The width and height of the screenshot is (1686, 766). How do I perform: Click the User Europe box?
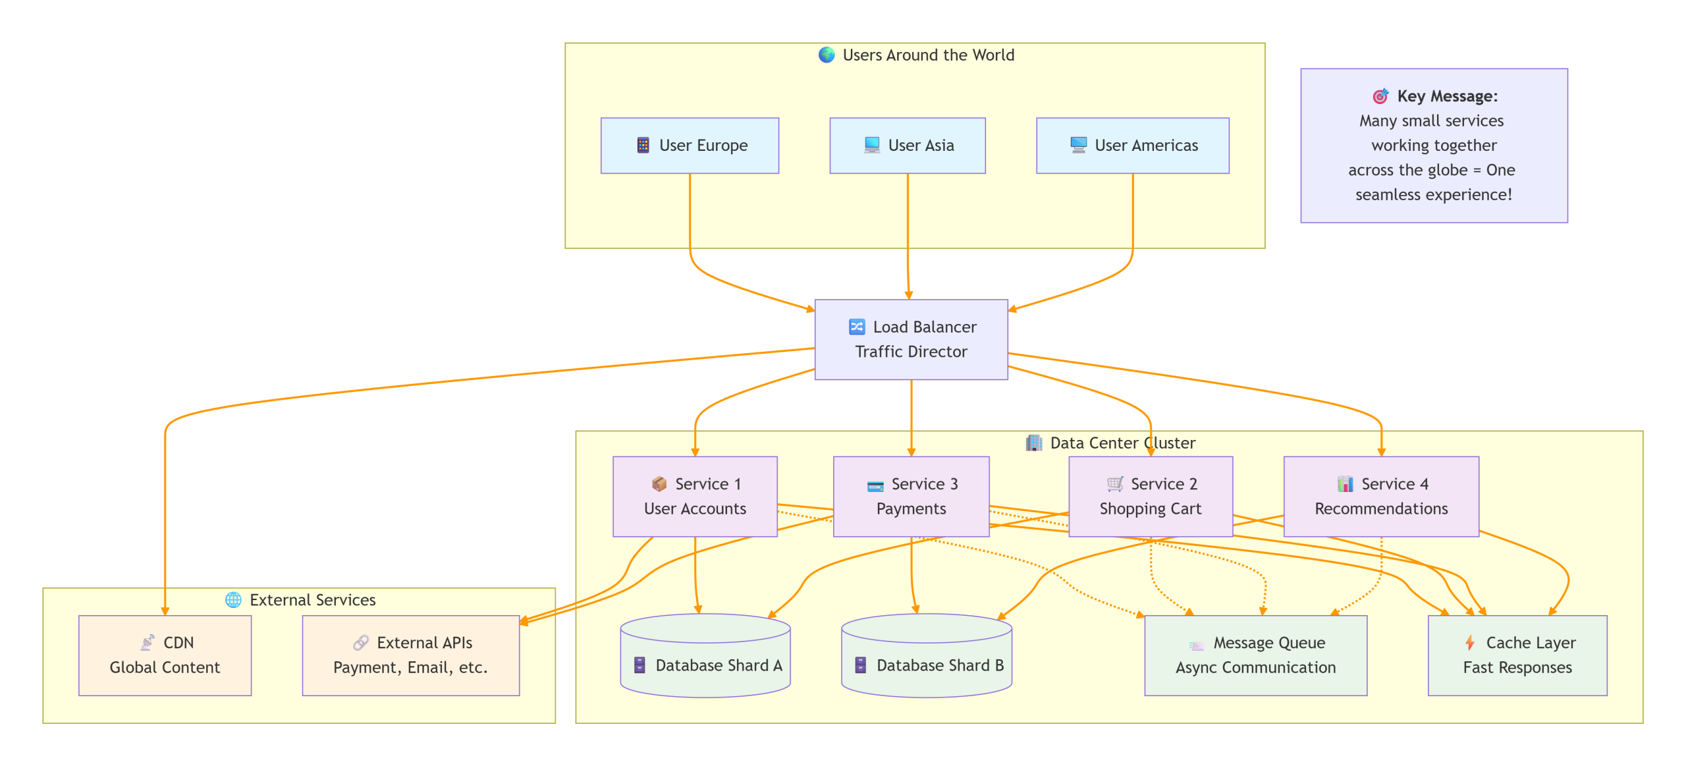(x=689, y=146)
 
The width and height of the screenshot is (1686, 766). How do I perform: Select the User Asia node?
(x=907, y=146)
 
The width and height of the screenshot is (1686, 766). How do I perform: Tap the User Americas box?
(x=1132, y=146)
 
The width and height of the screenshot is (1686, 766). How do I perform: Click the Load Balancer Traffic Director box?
(x=911, y=339)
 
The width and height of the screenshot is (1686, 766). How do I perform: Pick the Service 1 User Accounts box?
(x=694, y=496)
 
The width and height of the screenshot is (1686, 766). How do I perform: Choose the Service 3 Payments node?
(x=911, y=496)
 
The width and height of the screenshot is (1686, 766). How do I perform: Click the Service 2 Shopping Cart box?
(x=1150, y=496)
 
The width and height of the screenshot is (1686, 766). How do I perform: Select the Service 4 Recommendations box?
(x=1380, y=496)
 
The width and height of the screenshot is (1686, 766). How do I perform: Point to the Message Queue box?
(x=1255, y=655)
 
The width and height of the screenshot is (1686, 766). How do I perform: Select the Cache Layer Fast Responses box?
(x=1517, y=655)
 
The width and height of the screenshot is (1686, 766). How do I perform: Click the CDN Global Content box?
(x=165, y=655)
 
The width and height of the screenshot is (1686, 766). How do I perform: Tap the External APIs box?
(x=410, y=655)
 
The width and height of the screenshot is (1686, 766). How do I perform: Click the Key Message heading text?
(x=1446, y=96)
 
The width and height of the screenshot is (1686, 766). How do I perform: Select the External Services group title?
(x=312, y=600)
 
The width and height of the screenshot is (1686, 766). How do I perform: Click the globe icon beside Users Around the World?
(x=826, y=55)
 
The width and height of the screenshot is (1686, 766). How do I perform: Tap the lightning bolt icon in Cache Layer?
(x=1469, y=642)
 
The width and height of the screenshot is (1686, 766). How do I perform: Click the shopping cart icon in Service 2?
(x=1114, y=484)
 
